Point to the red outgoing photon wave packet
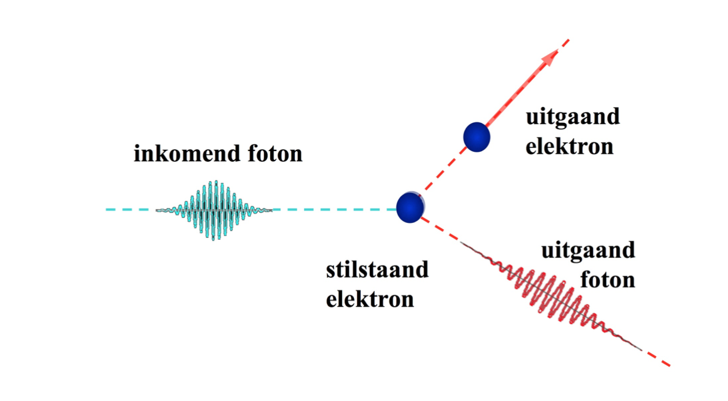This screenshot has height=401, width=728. coord(550,294)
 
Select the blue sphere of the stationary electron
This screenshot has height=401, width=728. coord(410,207)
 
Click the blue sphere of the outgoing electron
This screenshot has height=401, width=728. coord(477,137)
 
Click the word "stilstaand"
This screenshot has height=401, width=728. coord(377,271)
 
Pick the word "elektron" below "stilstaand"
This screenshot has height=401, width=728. coord(370,299)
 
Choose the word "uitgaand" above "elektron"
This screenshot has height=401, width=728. coord(573,117)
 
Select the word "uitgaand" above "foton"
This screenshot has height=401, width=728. coord(588,251)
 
